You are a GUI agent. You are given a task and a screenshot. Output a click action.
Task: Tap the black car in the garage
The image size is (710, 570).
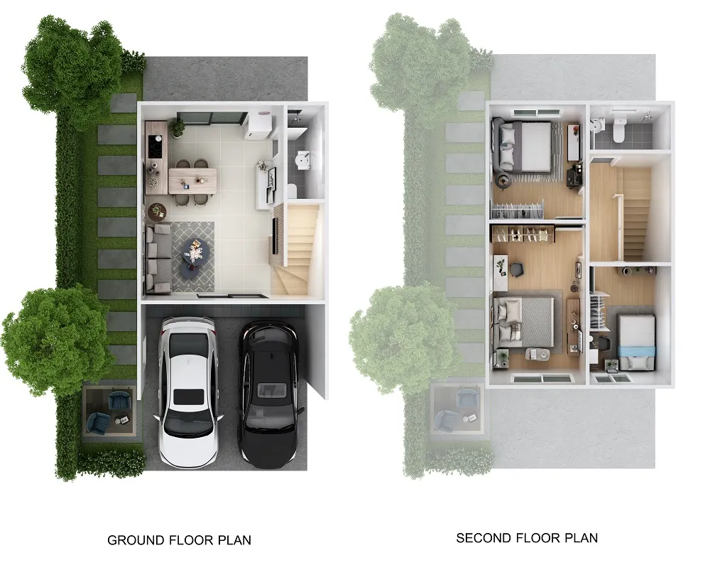(x=270, y=394)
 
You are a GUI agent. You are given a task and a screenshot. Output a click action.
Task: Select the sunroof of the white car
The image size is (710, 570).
(x=186, y=397)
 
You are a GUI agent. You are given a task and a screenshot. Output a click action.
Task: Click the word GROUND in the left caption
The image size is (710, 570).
(x=136, y=540)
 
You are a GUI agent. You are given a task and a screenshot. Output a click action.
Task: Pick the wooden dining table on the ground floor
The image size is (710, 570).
(x=192, y=181)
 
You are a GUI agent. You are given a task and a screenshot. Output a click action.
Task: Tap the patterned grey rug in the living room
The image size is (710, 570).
(x=192, y=257)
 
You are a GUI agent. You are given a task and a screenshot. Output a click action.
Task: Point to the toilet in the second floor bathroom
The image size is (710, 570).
(x=618, y=131)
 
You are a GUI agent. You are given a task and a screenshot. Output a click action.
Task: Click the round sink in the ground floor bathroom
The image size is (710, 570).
(x=302, y=160)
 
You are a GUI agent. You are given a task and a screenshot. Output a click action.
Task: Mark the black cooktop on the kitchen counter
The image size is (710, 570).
(x=155, y=147)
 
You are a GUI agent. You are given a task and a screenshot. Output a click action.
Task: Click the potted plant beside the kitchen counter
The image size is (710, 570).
(x=177, y=127)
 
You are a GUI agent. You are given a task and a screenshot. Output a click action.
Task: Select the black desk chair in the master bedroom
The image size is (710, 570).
(x=516, y=269)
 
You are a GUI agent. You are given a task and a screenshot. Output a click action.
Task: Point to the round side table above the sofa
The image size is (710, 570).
(x=157, y=210)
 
